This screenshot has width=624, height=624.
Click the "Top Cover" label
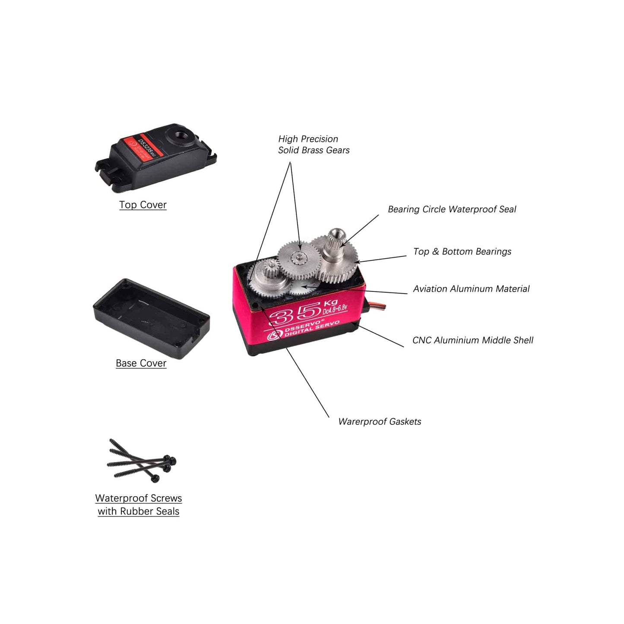tap(143, 205)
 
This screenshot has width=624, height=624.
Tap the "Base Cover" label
tap(141, 363)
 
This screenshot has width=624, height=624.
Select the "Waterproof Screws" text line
tap(139, 498)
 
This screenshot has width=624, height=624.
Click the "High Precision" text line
tap(308, 139)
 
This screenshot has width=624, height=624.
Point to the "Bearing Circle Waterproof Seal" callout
tap(452, 209)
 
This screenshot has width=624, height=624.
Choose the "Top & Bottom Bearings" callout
tap(462, 252)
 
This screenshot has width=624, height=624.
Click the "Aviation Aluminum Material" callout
tap(471, 289)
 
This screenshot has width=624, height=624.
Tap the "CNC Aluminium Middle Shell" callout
tap(473, 340)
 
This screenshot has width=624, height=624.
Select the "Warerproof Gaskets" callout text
tap(380, 422)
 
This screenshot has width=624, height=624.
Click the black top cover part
tap(155, 160)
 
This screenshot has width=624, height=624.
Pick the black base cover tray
tap(151, 317)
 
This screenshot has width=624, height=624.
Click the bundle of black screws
tap(143, 461)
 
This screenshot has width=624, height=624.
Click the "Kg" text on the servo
tap(330, 302)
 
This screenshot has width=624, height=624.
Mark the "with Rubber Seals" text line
tap(139, 511)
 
